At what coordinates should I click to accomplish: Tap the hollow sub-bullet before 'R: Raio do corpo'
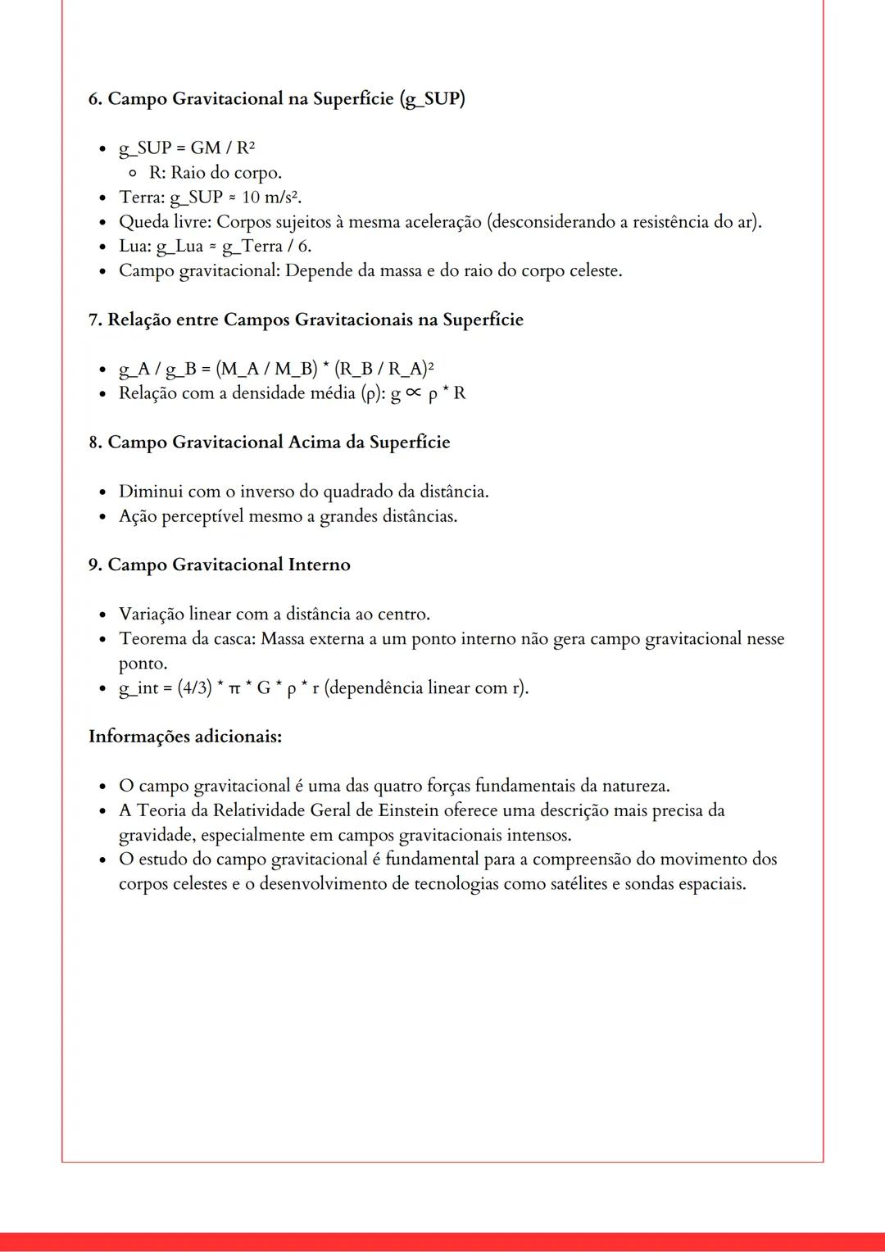(x=132, y=173)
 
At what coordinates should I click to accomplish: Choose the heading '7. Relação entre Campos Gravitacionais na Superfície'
(x=305, y=320)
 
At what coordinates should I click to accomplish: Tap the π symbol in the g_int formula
(x=234, y=689)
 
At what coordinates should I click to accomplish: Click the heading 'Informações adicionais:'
(x=185, y=737)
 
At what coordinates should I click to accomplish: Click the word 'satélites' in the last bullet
(x=574, y=884)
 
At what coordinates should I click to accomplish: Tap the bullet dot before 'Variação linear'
(x=102, y=615)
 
